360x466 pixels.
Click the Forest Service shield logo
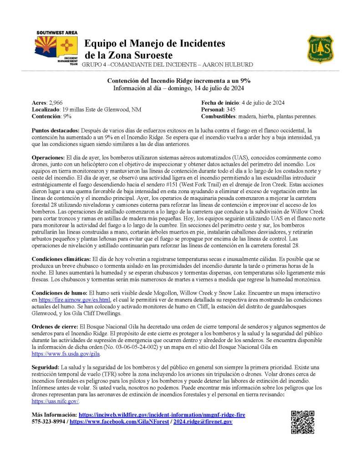point(320,49)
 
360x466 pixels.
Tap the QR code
point(302,422)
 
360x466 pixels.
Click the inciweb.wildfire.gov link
point(162,415)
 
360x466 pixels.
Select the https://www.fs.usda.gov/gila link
point(66,353)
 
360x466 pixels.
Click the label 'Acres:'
point(39,103)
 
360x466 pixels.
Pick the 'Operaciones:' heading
point(47,156)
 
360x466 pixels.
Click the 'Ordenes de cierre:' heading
point(55,327)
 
